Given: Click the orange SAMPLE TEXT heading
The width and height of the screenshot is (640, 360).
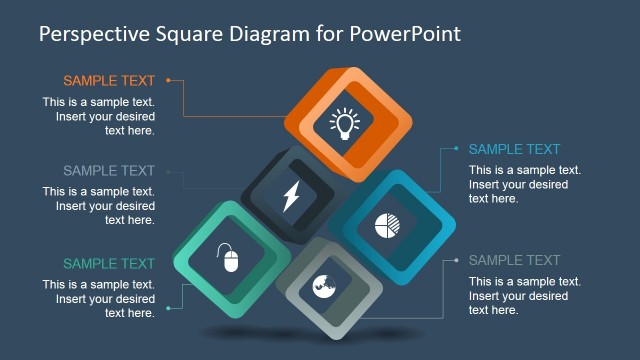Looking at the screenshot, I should click(x=109, y=81).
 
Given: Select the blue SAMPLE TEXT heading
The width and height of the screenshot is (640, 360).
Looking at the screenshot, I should click(x=514, y=150).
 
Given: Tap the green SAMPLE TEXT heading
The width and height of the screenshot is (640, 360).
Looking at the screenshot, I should click(x=109, y=264).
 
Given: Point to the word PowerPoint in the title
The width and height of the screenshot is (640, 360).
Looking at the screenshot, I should click(x=405, y=33).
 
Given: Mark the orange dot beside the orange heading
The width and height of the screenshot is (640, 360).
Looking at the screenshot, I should click(x=168, y=80).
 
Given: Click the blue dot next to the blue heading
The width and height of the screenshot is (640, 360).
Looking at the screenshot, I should click(x=456, y=149).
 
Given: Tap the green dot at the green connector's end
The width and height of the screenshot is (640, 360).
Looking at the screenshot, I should click(x=168, y=309).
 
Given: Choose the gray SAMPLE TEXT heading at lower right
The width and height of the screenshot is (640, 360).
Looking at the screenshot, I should click(x=514, y=261).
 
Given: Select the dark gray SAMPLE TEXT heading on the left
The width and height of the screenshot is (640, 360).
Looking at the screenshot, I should click(x=109, y=171).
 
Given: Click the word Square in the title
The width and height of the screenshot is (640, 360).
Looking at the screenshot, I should click(x=194, y=34).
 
